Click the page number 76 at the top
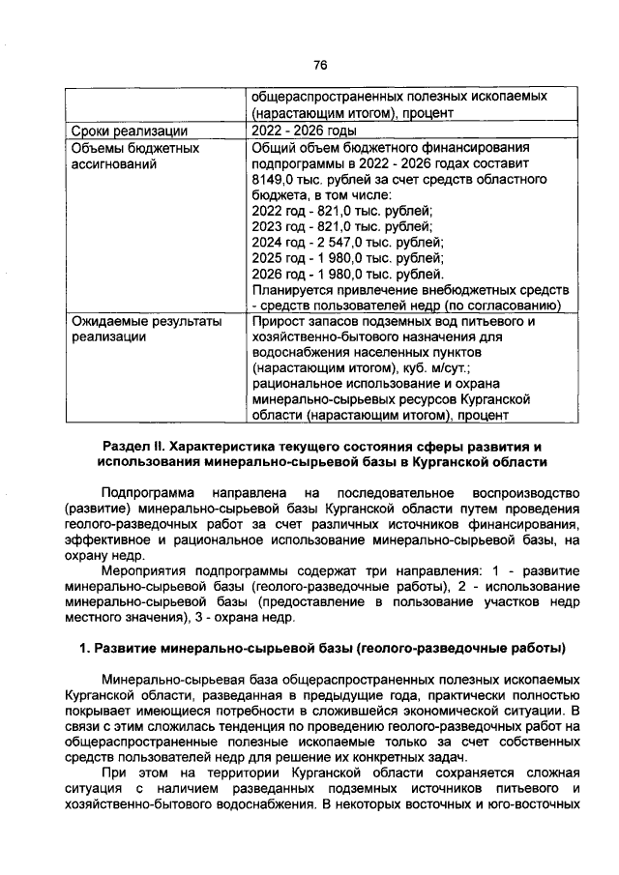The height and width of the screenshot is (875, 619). (x=321, y=64)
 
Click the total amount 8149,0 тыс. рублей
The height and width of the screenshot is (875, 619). (x=303, y=180)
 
